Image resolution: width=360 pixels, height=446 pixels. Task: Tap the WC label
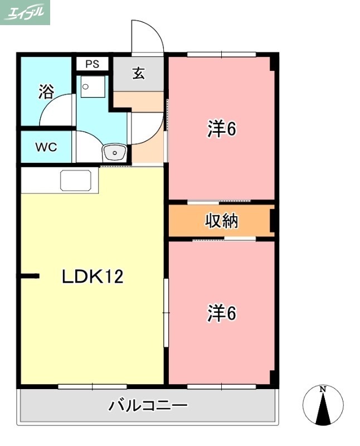(46, 147)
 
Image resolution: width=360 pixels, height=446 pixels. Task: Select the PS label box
(93, 64)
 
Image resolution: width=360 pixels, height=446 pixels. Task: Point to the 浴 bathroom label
(46, 91)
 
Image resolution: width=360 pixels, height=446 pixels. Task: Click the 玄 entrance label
(138, 73)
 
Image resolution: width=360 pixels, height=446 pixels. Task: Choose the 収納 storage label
(222, 221)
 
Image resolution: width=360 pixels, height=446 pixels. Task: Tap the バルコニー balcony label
(148, 405)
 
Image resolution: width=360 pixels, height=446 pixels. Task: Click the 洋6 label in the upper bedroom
(222, 129)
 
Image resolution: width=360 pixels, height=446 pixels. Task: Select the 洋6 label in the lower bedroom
(222, 313)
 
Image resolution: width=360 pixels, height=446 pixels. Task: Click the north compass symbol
(322, 405)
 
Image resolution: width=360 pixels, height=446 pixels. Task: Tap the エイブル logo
(25, 12)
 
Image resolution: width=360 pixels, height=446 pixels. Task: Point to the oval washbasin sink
(115, 152)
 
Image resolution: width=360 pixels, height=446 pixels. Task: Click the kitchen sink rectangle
(75, 181)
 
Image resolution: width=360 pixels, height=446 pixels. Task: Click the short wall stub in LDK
(30, 275)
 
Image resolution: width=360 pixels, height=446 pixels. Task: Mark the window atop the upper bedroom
(221, 54)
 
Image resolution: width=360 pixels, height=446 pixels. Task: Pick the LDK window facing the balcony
(92, 386)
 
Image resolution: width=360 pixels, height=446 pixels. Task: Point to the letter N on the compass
(322, 389)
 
